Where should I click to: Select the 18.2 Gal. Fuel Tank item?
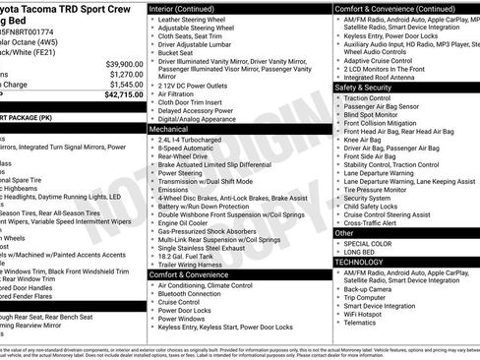point(187,255)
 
